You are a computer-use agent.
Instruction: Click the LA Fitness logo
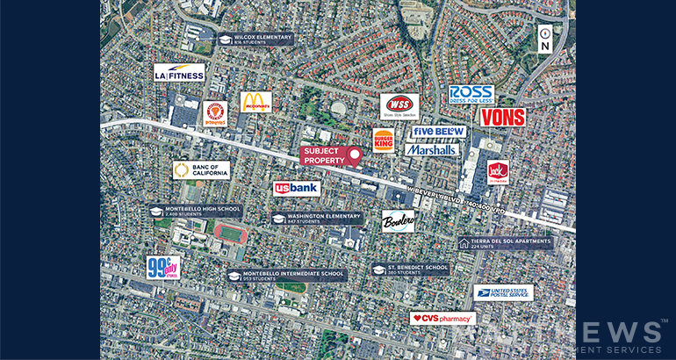pyautogui.click(x=179, y=73)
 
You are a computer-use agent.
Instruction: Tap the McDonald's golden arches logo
pyautogui.click(x=255, y=102)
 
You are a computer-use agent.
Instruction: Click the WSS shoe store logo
pyautogui.click(x=399, y=106)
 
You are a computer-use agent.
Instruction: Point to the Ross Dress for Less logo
pyautogui.click(x=471, y=94)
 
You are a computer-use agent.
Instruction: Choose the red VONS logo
pyautogui.click(x=502, y=117)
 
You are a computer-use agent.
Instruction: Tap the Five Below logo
pyautogui.click(x=439, y=132)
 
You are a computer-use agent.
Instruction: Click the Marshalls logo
pyautogui.click(x=432, y=149)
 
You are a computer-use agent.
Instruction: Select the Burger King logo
pyautogui.click(x=383, y=140)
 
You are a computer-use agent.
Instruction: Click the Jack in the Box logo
pyautogui.click(x=498, y=172)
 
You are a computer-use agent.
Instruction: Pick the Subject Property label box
pyautogui.click(x=321, y=155)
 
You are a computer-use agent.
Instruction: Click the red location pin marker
pyautogui.click(x=355, y=156)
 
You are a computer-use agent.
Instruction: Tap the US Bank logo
pyautogui.click(x=296, y=188)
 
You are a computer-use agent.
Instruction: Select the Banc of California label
pyautogui.click(x=201, y=169)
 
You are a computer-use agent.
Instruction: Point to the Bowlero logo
pyautogui.click(x=398, y=221)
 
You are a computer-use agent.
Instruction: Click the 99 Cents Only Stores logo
pyautogui.click(x=162, y=268)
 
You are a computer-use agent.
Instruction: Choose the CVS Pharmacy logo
pyautogui.click(x=442, y=318)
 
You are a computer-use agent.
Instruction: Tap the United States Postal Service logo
pyautogui.click(x=503, y=292)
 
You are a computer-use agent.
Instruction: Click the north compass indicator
pyautogui.click(x=544, y=39)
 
